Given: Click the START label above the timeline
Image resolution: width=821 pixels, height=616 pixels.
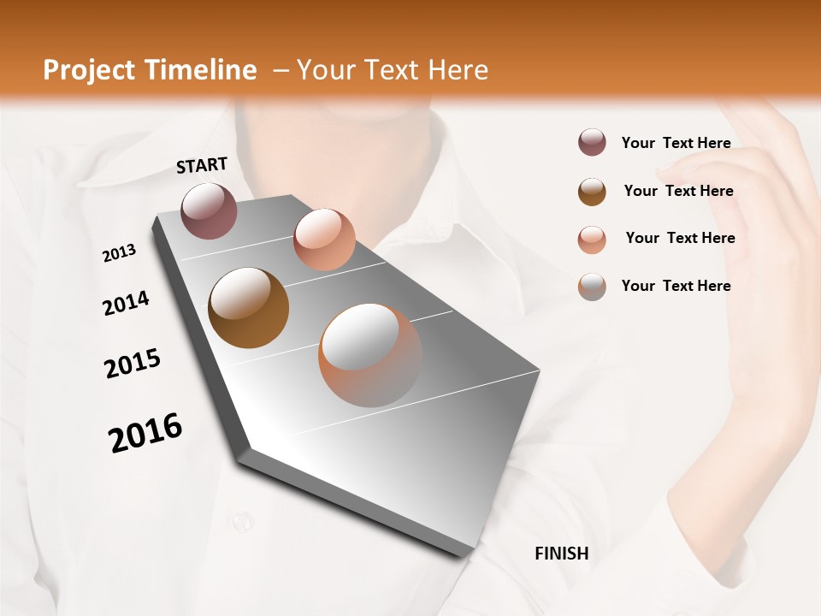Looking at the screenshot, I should coord(202,165).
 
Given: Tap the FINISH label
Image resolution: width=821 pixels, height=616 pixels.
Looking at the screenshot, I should coord(562,554).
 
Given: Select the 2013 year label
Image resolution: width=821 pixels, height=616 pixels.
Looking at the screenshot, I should coord(120,253).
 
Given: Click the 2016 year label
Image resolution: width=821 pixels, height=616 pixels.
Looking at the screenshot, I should coord(145,433).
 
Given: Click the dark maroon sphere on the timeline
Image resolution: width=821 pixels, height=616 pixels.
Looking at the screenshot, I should coord(210,210).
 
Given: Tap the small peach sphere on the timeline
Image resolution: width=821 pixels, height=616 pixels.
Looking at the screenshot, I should coord(324,239).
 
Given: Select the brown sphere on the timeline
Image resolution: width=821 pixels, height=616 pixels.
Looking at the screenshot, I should coord(249,308).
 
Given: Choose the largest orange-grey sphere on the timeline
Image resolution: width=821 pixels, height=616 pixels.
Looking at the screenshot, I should coord(370,355).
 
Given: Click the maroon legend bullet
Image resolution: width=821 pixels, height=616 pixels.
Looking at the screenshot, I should coord(592,143).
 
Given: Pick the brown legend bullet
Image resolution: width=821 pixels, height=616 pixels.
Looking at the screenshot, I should coord(592,192).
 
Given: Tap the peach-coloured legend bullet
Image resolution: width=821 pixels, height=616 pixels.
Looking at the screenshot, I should coord(592,239).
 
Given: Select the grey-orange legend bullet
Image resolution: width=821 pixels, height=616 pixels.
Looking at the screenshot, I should coord(592,287).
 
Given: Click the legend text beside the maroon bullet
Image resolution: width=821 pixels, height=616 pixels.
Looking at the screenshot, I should coord(676,143).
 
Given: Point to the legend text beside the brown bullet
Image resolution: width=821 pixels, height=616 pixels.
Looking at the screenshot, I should coord(678,191).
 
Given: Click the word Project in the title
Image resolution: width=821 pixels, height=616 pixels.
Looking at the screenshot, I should coord(87,70).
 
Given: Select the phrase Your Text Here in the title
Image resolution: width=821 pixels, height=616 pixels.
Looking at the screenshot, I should coord(393,70).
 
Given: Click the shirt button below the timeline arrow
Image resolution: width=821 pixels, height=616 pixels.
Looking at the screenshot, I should coord(242,519).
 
